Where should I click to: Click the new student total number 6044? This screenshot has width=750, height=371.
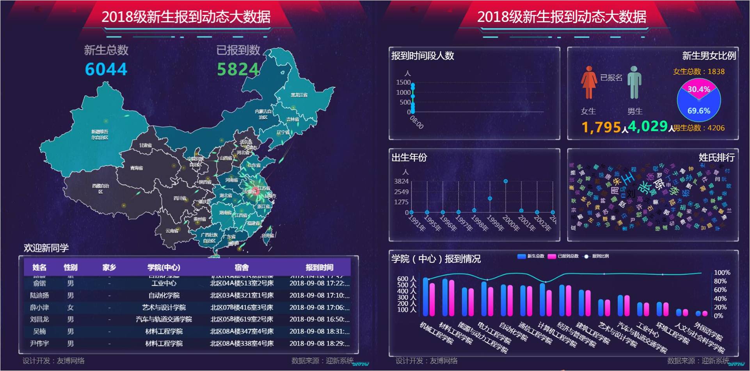(x=106, y=69)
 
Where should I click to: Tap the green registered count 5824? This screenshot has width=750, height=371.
(x=238, y=69)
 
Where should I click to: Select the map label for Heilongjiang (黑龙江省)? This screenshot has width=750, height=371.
(x=299, y=95)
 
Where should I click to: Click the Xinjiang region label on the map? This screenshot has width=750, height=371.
(x=100, y=135)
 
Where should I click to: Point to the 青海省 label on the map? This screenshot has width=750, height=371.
(x=137, y=168)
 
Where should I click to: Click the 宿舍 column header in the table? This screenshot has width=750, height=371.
(x=242, y=267)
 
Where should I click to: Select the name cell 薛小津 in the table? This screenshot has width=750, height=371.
(x=39, y=307)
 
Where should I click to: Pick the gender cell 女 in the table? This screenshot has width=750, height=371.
(x=70, y=307)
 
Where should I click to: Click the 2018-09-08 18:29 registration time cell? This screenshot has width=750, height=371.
(x=319, y=343)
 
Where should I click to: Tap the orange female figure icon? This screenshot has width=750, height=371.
(x=589, y=82)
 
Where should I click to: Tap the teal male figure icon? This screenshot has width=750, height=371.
(x=634, y=82)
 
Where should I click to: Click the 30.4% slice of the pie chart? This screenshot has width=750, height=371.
(x=698, y=89)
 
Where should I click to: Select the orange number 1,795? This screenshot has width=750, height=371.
(x=601, y=127)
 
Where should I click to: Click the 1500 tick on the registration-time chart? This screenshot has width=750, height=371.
(x=403, y=82)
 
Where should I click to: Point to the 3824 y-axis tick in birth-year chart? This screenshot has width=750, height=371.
(x=401, y=181)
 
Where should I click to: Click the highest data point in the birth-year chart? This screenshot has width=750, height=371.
(x=505, y=181)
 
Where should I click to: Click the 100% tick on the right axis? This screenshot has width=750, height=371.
(x=722, y=273)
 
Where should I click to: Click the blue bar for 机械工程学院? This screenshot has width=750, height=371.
(x=426, y=296)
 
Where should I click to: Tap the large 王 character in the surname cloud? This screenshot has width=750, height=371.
(x=628, y=179)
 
